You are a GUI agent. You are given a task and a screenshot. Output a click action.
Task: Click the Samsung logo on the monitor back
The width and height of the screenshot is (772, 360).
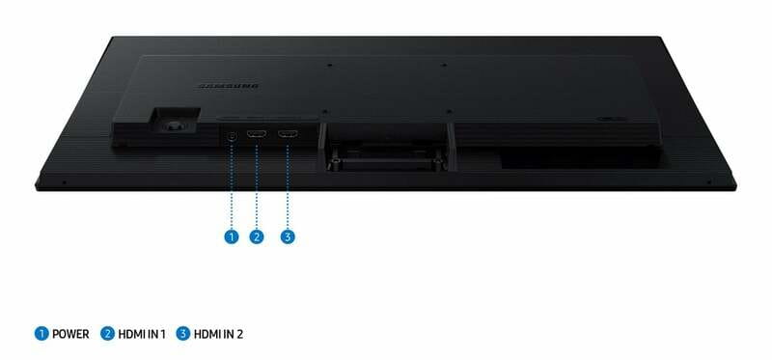pos(229,87)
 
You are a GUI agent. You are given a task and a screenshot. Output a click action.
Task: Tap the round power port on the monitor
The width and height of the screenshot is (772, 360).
pos(233,135)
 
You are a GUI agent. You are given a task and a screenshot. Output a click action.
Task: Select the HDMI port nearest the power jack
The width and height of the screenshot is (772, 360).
pos(257,133)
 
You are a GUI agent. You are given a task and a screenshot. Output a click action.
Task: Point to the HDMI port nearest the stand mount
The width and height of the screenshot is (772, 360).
pos(288,133)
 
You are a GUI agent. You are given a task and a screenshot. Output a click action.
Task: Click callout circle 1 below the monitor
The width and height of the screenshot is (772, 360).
pos(231,236)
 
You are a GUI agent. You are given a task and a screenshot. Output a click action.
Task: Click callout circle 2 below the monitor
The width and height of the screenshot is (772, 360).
pos(257,236)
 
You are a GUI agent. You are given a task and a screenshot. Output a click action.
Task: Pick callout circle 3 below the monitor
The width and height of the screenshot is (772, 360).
pos(288,236)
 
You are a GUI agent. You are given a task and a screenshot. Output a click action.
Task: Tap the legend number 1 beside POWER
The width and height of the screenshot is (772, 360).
pos(41,334)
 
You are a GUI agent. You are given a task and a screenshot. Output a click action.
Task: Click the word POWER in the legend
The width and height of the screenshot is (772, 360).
pos(70,334)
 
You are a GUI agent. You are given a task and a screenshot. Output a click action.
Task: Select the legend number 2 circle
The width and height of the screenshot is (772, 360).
pos(107,334)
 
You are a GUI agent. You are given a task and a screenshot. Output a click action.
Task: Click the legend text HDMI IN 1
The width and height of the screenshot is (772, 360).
pos(142,334)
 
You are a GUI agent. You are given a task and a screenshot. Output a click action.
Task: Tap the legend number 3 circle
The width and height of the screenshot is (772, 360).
pos(183,334)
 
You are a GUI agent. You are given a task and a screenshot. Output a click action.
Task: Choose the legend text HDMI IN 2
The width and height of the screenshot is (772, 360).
pos(218,334)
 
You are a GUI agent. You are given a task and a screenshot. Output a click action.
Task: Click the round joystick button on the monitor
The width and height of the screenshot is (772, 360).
pos(173,126)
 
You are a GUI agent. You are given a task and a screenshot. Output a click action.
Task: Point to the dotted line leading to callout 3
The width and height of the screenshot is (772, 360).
pos(288,184)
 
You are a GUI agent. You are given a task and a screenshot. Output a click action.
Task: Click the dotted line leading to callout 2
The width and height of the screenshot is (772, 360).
pos(257,184)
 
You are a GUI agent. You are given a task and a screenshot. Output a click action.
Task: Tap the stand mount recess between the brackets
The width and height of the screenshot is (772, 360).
pos(387,147)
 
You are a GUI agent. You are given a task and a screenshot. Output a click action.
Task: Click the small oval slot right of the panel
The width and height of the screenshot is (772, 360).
pos(611,119)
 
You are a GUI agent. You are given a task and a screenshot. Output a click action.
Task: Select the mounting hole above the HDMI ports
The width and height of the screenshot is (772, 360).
pos(323,112)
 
